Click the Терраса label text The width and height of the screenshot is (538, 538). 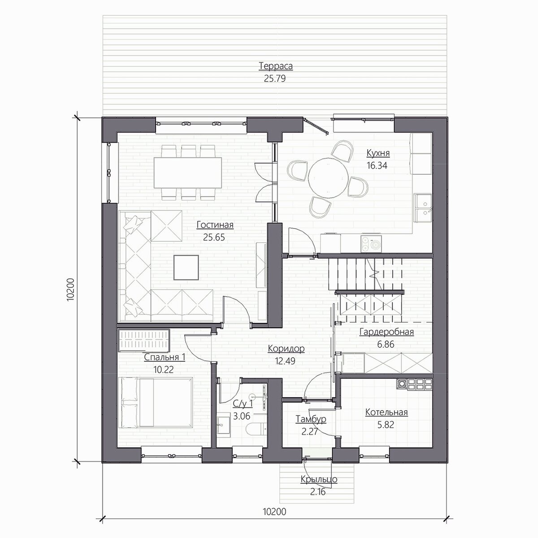pyautogui.click(x=276, y=66)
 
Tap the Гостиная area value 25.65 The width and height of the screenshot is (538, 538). pyautogui.click(x=214, y=237)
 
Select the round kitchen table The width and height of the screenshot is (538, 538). pyautogui.click(x=328, y=178)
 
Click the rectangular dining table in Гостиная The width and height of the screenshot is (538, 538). pyautogui.click(x=187, y=173)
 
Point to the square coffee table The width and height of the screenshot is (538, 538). pyautogui.click(x=186, y=267)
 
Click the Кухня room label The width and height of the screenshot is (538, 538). pyautogui.click(x=378, y=153)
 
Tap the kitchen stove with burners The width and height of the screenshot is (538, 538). pyautogui.click(x=371, y=243)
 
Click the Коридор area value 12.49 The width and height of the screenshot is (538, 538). pyautogui.click(x=285, y=361)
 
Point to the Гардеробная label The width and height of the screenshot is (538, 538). pyautogui.click(x=386, y=332)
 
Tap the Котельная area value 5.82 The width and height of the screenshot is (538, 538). pyautogui.click(x=386, y=425)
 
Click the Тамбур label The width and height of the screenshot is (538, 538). pyautogui.click(x=311, y=419)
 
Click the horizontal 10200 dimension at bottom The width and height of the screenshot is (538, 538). pyautogui.click(x=274, y=512)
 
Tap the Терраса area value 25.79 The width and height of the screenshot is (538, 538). pyautogui.click(x=275, y=79)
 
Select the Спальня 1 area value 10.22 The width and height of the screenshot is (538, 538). pyautogui.click(x=163, y=369)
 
